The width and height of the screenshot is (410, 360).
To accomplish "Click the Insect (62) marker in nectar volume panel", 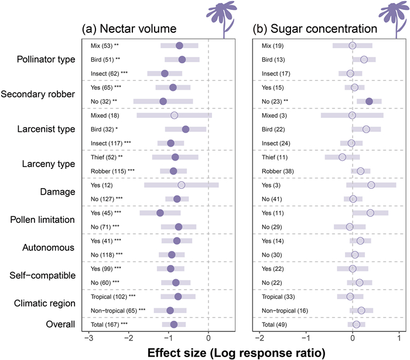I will [165, 73].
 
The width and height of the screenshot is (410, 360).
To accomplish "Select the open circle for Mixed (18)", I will [174, 116].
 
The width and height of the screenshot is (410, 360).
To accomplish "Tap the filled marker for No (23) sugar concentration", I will [369, 101].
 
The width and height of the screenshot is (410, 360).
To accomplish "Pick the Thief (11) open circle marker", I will [342, 157].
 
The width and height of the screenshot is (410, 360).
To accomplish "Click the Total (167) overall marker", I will [173, 324].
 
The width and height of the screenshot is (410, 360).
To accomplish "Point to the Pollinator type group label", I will [47, 59].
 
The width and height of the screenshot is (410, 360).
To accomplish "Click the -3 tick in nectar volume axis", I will [88, 338].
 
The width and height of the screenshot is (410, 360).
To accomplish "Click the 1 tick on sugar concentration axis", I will [399, 338].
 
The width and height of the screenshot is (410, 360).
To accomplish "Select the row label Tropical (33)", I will [276, 297].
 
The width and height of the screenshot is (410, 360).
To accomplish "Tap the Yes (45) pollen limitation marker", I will [160, 213].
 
